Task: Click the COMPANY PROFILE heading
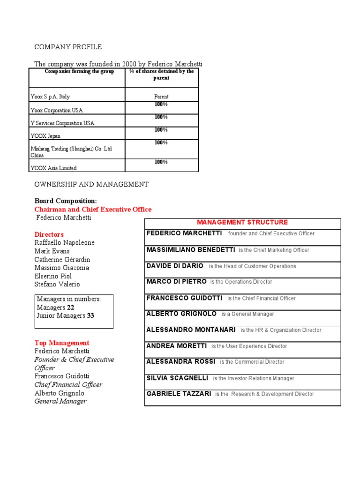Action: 68,47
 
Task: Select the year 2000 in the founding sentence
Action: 129,64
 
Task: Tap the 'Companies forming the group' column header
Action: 79,71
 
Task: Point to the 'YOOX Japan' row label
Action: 45,136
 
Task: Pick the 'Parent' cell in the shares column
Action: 161,97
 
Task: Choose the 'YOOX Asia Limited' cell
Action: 53,168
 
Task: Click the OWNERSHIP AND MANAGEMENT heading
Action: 91,184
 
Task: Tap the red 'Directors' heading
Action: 49,234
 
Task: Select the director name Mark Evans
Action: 52,251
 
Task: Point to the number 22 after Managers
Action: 70,307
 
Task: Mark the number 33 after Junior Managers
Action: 90,316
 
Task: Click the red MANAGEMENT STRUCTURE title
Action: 242,222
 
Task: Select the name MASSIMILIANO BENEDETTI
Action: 190,250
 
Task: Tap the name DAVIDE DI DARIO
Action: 175,266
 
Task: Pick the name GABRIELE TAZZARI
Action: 179,394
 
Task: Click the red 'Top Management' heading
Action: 62,343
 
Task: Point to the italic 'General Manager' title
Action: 60,401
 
